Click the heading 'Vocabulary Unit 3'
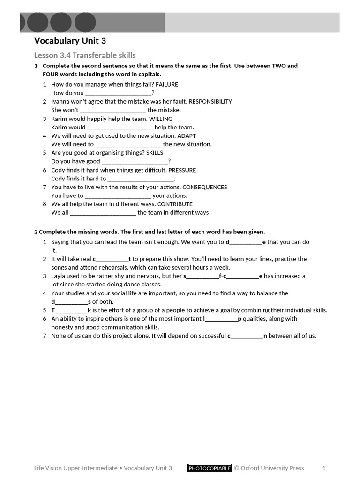[x=70, y=41]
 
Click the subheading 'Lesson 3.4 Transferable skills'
[x=85, y=55]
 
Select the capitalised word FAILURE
[x=167, y=85]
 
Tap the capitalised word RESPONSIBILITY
[x=210, y=102]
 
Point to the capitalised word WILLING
[x=161, y=119]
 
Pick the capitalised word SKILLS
[x=155, y=153]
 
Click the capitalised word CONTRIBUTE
[x=175, y=204]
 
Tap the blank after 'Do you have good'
[x=135, y=162]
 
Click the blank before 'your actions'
[x=118, y=196]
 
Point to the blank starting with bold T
[x=71, y=310]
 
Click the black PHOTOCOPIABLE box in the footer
[x=210, y=468]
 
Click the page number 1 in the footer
[x=324, y=468]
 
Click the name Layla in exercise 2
[x=59, y=276]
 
